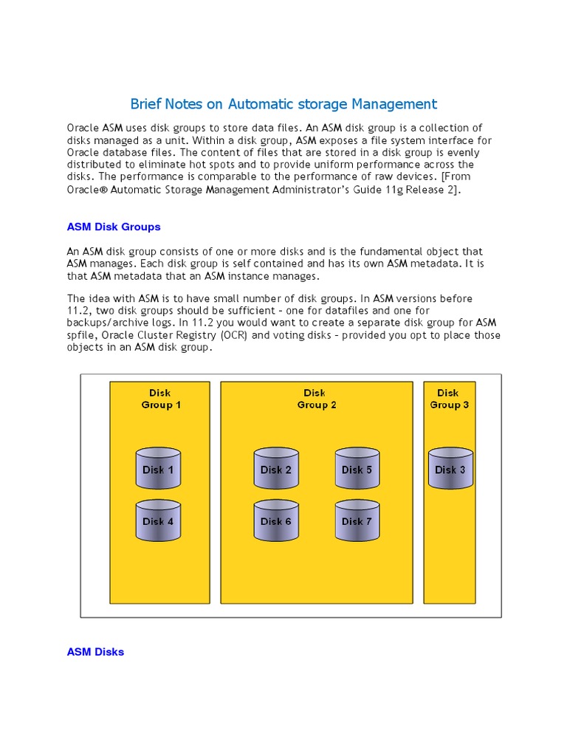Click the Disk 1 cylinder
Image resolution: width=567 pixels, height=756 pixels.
pyautogui.click(x=159, y=469)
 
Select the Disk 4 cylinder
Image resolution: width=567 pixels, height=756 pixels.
pyautogui.click(x=159, y=520)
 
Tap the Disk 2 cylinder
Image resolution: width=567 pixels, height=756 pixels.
pyautogui.click(x=276, y=469)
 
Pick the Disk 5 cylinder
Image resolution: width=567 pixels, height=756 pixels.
pyautogui.click(x=357, y=469)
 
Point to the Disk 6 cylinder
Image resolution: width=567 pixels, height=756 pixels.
pyautogui.click(x=276, y=520)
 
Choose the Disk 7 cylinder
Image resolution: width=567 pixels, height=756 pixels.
pyautogui.click(x=357, y=520)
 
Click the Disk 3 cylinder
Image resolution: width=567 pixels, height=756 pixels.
pyautogui.click(x=450, y=469)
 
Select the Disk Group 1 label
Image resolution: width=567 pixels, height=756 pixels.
pyautogui.click(x=160, y=399)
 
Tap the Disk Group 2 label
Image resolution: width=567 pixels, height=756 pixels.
pyautogui.click(x=316, y=399)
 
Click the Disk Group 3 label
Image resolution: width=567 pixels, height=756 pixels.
pyautogui.click(x=449, y=399)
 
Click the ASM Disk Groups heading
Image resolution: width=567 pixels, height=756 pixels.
pyautogui.click(x=114, y=227)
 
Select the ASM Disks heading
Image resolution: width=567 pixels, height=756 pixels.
pyautogui.click(x=95, y=652)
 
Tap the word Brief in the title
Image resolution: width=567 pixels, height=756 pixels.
pyautogui.click(x=145, y=104)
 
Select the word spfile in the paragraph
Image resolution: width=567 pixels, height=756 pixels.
pyautogui.click(x=81, y=335)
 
